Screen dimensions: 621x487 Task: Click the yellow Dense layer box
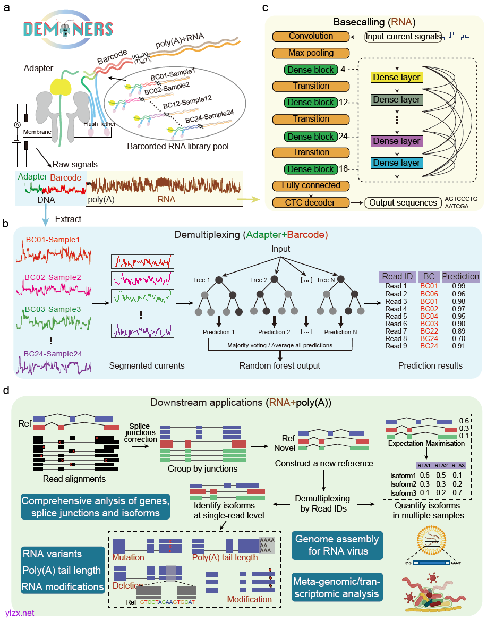pyautogui.click(x=397, y=78)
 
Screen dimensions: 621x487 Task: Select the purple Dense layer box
pyautogui.click(x=397, y=142)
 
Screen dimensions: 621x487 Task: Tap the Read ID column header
pyautogui.click(x=396, y=276)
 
